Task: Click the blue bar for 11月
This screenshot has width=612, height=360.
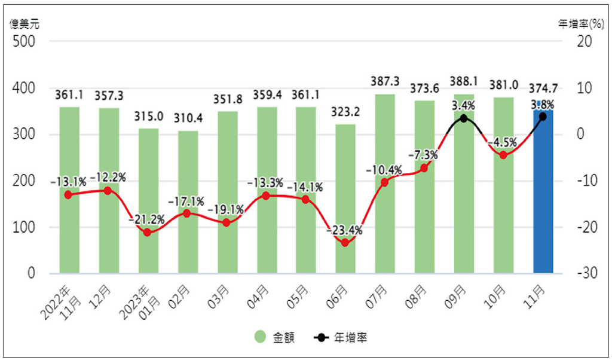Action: point(543,191)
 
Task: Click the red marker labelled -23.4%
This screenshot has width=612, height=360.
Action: point(345,243)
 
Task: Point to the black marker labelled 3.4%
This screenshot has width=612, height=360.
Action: point(464,118)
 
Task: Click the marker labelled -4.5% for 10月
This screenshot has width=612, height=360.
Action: point(503,155)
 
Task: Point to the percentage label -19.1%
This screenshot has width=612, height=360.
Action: point(226,210)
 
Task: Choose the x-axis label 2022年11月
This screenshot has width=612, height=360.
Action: point(60,299)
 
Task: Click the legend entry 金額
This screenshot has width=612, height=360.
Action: point(275,337)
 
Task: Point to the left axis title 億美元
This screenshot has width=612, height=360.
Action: point(25,24)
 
